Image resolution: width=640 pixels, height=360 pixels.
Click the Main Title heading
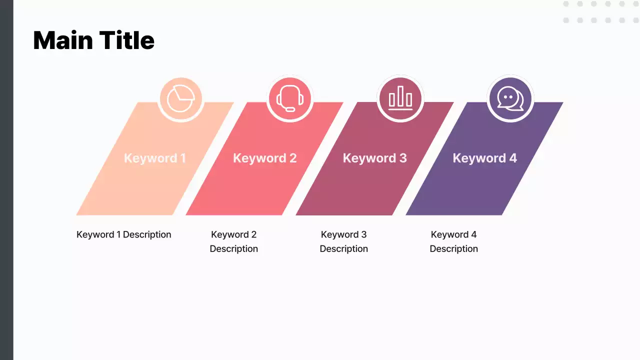tap(93, 40)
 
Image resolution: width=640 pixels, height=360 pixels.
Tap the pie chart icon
tap(180, 99)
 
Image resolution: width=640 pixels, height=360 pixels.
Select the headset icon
tap(290, 99)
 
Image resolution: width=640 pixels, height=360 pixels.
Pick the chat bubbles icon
tap(510, 99)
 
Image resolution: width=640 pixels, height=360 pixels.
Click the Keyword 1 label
tap(154, 158)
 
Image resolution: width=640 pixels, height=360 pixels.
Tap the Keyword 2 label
tap(264, 158)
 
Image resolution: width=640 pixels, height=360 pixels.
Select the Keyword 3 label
tap(374, 158)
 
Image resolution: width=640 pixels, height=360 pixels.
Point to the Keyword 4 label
tap(484, 158)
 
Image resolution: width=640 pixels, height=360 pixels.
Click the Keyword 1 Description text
tap(123, 234)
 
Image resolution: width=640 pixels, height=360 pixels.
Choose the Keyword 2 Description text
tap(233, 241)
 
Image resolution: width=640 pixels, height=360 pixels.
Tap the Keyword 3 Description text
tap(343, 241)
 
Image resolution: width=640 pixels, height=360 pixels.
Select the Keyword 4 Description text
tap(453, 241)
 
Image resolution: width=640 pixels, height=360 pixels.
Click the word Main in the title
tap(62, 40)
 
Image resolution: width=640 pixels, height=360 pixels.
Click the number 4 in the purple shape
tap(512, 158)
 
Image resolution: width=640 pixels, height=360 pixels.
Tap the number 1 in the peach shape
tap(183, 158)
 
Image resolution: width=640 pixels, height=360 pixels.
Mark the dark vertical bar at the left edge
tap(6, 180)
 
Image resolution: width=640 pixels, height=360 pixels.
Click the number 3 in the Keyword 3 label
tap(402, 158)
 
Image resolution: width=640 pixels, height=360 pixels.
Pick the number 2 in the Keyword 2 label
tap(292, 158)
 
